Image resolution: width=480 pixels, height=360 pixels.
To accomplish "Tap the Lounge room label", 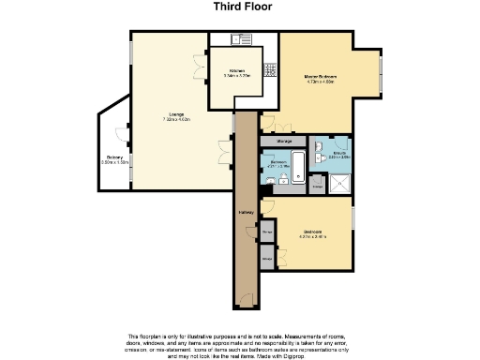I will pyautogui.click(x=176, y=114).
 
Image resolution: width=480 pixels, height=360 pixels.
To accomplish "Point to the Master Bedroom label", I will pyautogui.click(x=320, y=76).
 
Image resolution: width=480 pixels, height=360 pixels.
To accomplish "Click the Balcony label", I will pyautogui.click(x=114, y=157).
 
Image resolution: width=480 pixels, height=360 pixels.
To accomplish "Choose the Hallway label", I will pyautogui.click(x=246, y=212).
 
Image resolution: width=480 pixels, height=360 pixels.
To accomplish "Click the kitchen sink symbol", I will pyautogui.click(x=238, y=39).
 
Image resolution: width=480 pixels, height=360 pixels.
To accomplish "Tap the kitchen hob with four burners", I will pyautogui.click(x=269, y=68).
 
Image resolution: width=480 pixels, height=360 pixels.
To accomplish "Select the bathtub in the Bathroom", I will pyautogui.click(x=295, y=165).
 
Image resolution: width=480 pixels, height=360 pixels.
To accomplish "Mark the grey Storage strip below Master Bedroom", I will pyautogui.click(x=284, y=141).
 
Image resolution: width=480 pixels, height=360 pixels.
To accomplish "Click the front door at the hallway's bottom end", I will pyautogui.click(x=245, y=297).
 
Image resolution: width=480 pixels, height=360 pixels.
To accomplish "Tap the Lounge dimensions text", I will pyautogui.click(x=176, y=120).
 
